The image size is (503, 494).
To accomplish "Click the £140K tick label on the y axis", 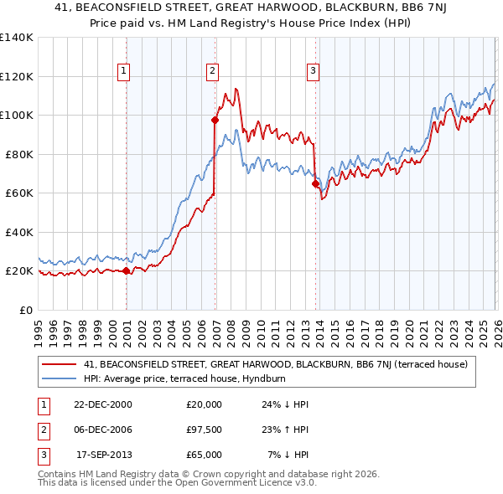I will click(17, 38).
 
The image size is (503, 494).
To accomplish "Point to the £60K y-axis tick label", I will click(19, 193).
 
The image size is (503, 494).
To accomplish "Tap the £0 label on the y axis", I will click(27, 310).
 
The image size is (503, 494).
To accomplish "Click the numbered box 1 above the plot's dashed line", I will click(123, 71).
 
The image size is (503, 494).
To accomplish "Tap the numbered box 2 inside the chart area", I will click(213, 71).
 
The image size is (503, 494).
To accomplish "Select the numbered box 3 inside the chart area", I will click(313, 71).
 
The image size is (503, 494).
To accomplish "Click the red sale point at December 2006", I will click(215, 121).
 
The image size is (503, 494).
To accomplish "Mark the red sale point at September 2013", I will click(315, 184).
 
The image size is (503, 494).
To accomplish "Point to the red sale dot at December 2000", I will click(127, 270).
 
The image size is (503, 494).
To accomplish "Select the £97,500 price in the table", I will click(204, 430).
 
